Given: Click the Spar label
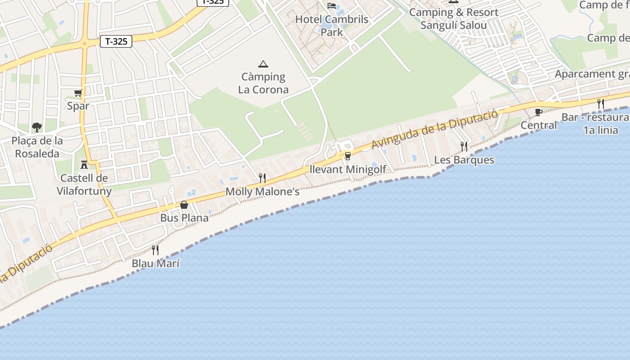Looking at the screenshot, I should pos(78,106).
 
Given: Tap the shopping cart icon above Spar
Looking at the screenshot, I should pos(78,93).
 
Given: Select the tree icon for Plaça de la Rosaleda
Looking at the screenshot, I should pos(36,127).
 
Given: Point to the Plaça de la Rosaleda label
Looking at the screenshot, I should pos(37,147).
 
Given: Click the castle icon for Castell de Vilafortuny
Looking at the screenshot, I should pos(84,164).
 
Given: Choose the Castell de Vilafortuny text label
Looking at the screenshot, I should pos(84,184).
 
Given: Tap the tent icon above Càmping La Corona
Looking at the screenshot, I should pos(263,64).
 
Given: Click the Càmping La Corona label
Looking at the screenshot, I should pos(263,83).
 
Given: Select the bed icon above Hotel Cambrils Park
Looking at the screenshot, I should pos(332,6).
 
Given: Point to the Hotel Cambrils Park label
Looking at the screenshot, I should pos(332,26).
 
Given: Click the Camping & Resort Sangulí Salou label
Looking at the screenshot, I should pos(454,19).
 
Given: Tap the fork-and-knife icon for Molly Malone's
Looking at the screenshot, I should pos(262,178).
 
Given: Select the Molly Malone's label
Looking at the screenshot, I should pos(262,192).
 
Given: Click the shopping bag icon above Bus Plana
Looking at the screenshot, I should pos(184,205).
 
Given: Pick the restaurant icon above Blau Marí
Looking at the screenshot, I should pos(155,250).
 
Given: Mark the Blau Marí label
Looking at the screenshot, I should pos(156,264).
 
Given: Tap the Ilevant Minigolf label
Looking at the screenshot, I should pos(348,170).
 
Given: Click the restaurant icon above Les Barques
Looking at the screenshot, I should pos(464,146).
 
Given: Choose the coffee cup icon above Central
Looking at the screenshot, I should pos(538,112).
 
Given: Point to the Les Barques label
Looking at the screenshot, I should pos(464,160).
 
